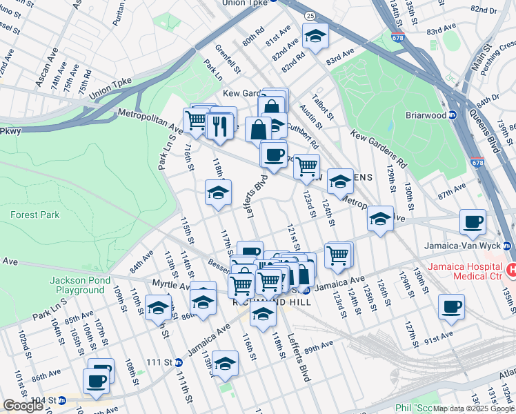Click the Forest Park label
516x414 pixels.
click(34, 215)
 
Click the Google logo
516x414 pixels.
click(23, 406)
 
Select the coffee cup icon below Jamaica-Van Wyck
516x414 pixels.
click(473, 222)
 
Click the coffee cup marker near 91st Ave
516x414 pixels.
click(451, 307)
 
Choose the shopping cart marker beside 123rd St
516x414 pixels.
click(306, 166)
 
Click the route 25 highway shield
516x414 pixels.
click(290, 15)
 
